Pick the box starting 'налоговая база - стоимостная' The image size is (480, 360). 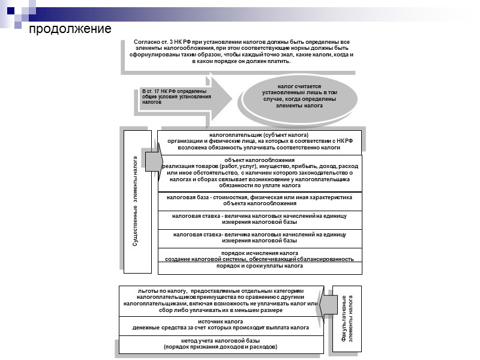pos(260,200)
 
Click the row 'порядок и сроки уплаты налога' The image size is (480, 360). pos(260,265)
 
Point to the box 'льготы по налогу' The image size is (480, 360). pos(220,300)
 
